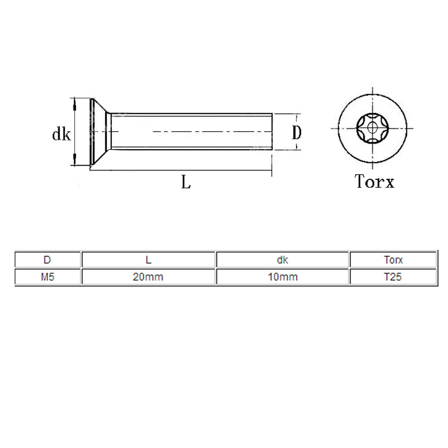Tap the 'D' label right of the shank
pos(297,133)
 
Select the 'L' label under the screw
pos(186,183)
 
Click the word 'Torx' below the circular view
pos(374,181)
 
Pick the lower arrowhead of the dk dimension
pos(74,160)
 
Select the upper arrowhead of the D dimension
pos(297,118)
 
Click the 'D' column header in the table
pos(47,260)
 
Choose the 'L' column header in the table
pos(148,260)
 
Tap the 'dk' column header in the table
pos(282,260)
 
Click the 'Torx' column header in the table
pos(393,260)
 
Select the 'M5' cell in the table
pos(47,277)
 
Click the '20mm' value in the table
pos(148,277)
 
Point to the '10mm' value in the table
pos(282,277)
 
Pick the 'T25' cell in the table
pos(393,277)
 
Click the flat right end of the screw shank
pos(271,132)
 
